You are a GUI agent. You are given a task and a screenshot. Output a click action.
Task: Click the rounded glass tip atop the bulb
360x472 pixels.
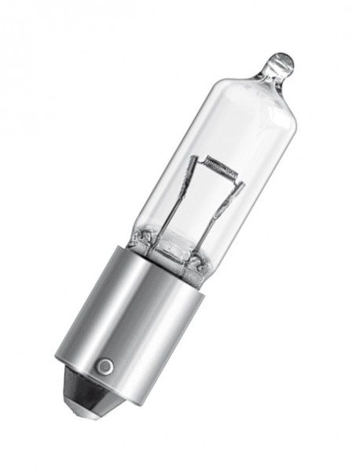click(x=281, y=62)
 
